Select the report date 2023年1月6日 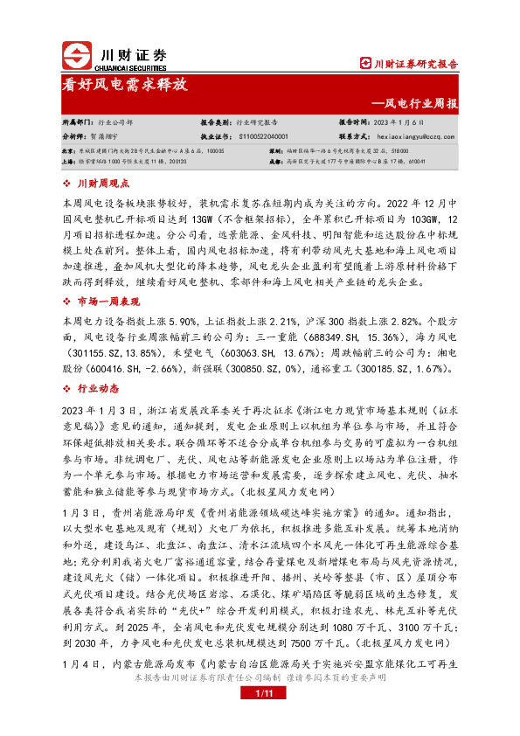tap(398, 122)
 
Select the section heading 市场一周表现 tap(109, 277)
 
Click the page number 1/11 tap(265, 718)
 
